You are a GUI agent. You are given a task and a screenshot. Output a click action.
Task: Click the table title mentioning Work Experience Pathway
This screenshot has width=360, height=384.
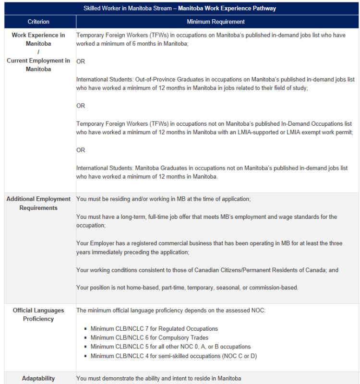pos(180,8)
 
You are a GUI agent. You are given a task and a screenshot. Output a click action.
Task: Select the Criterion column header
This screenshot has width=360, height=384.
pos(38,22)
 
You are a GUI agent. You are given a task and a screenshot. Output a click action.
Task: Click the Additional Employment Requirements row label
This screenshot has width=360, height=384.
pos(38,203)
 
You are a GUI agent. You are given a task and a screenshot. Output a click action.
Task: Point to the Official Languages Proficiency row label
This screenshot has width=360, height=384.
pos(38,314)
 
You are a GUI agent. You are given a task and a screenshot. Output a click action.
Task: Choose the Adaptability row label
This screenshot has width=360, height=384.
pos(38,378)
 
